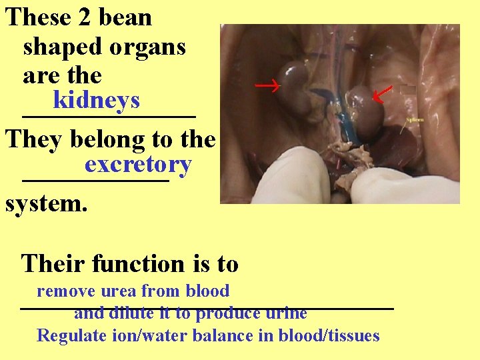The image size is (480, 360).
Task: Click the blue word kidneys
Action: (x=96, y=101)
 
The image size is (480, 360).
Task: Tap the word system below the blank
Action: (x=46, y=203)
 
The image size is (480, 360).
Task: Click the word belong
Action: (x=101, y=139)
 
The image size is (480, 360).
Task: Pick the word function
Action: (x=137, y=264)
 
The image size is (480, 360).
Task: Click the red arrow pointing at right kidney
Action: (x=382, y=95)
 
